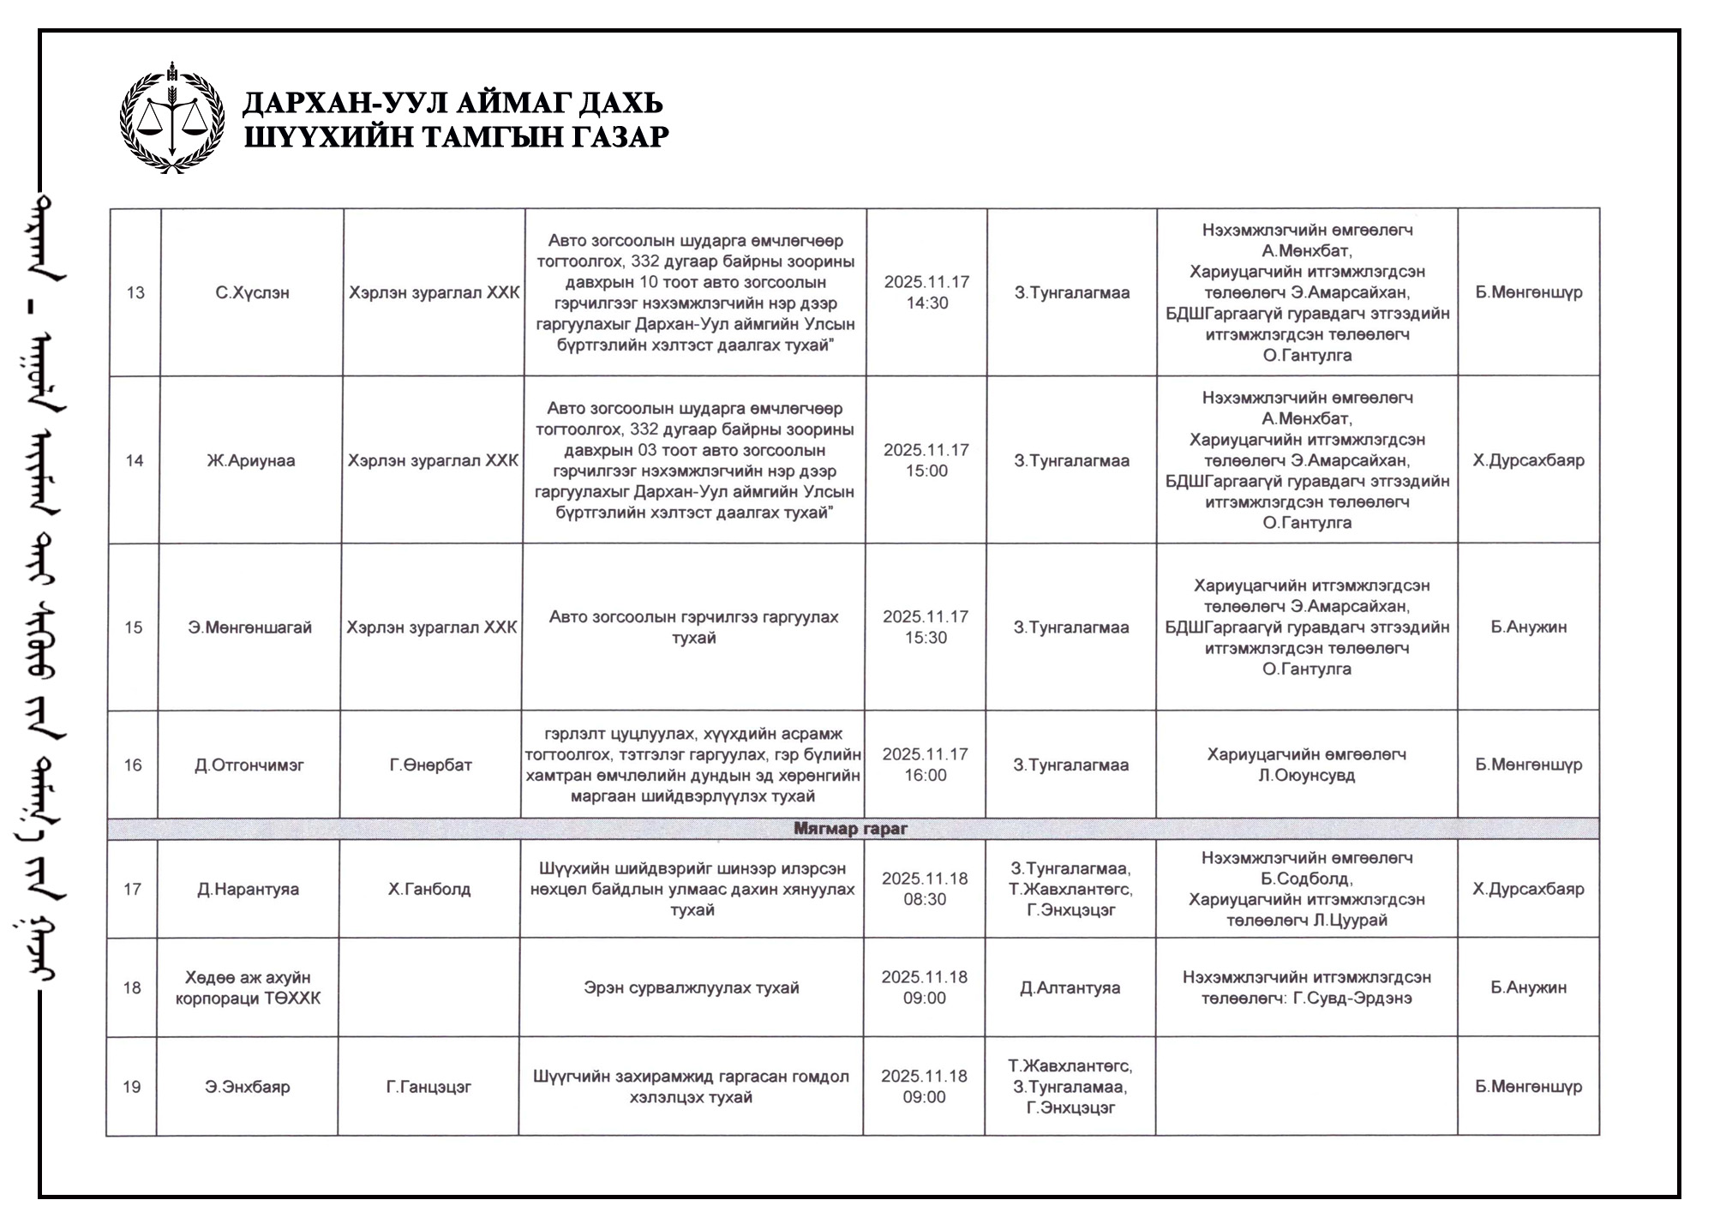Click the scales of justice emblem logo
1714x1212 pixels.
pyautogui.click(x=172, y=118)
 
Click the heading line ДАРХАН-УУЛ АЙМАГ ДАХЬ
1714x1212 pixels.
pyautogui.click(x=452, y=104)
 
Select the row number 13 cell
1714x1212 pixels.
pyautogui.click(x=135, y=292)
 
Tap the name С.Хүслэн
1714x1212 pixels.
pyautogui.click(x=252, y=292)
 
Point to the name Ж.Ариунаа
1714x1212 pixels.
pyautogui.click(x=250, y=460)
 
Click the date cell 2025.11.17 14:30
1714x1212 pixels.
pyautogui.click(x=926, y=292)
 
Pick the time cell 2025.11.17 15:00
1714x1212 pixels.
pyautogui.click(x=926, y=460)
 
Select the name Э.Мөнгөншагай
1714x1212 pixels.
pyautogui.click(x=249, y=627)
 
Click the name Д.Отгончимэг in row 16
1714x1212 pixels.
pyautogui.click(x=249, y=765)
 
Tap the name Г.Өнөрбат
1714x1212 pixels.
pyautogui.click(x=430, y=765)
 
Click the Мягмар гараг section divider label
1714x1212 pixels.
pyautogui.click(x=850, y=829)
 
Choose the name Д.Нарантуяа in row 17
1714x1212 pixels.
pyautogui.click(x=248, y=889)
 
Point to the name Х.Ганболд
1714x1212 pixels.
pyautogui.click(x=429, y=889)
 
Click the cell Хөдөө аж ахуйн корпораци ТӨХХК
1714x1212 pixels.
pyautogui.click(x=248, y=987)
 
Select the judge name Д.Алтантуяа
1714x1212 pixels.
pyautogui.click(x=1070, y=987)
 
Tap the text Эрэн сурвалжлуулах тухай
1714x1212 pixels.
pyautogui.click(x=691, y=987)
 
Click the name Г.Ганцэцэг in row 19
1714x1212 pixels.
pyautogui.click(x=428, y=1087)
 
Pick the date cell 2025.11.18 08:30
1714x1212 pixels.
pyautogui.click(x=925, y=889)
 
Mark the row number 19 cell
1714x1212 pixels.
pyautogui.click(x=131, y=1087)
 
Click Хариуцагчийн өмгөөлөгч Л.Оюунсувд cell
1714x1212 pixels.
pyautogui.click(x=1306, y=765)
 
